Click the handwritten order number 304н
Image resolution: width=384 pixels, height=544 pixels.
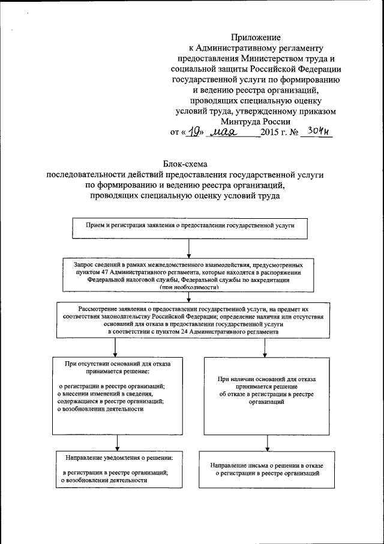(316, 131)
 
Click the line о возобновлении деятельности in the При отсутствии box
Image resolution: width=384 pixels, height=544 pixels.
(100, 409)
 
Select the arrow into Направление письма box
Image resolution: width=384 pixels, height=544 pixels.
(266, 444)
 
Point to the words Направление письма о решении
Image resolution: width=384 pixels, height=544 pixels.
(266, 466)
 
